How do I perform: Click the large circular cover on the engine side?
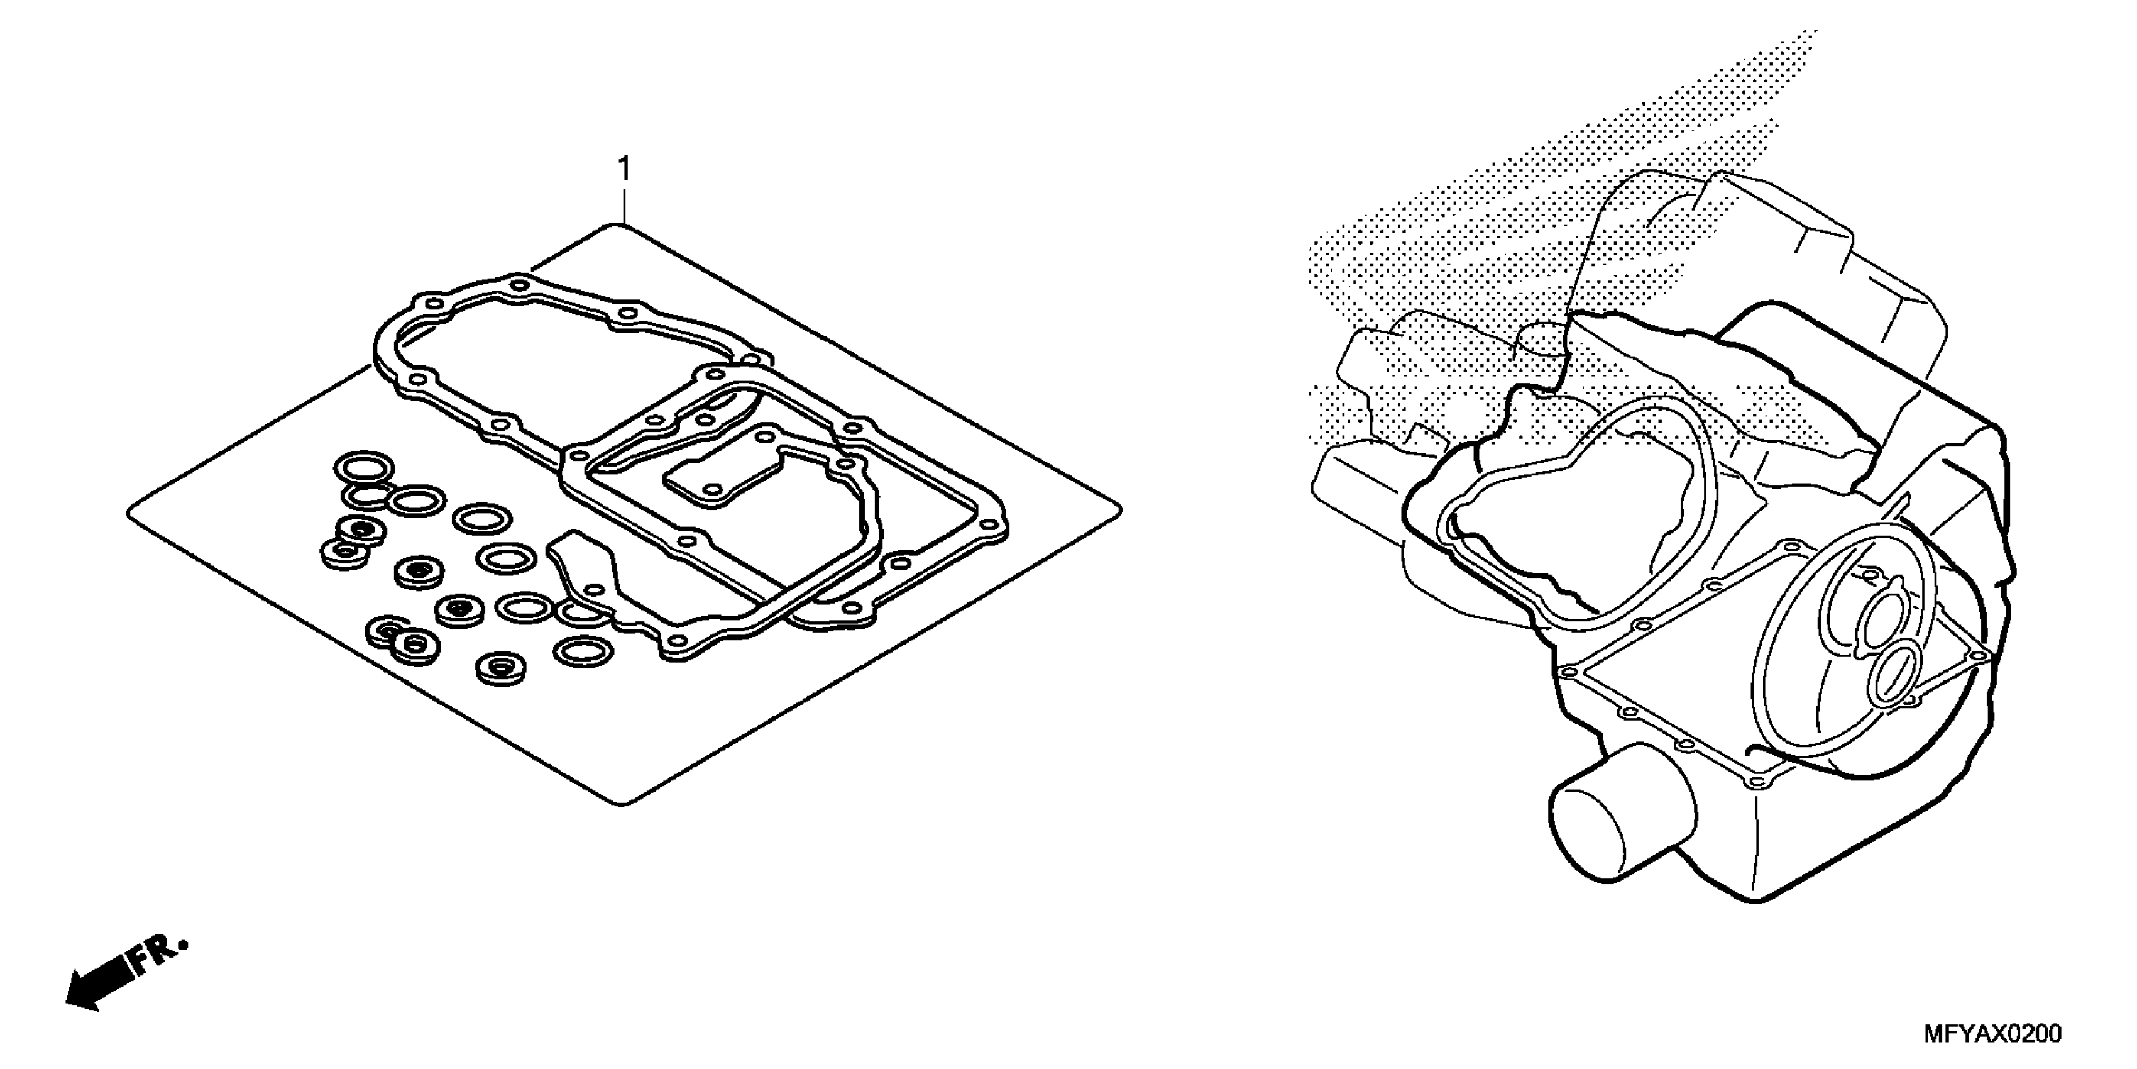(1850, 656)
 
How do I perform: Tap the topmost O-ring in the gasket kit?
(363, 467)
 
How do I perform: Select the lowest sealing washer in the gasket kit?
(501, 667)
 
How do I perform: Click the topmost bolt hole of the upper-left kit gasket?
(519, 285)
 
